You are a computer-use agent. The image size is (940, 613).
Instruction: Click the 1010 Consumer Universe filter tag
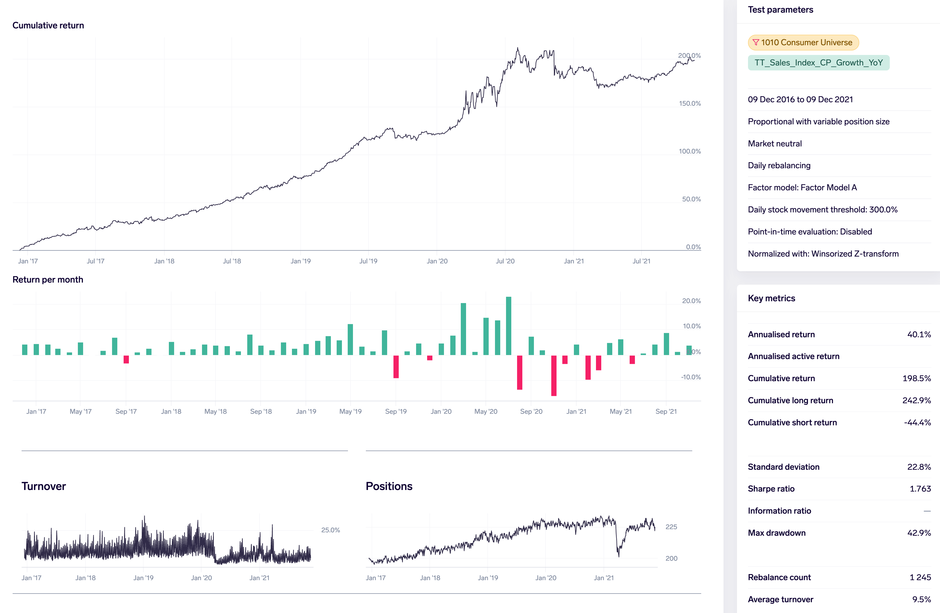coord(803,43)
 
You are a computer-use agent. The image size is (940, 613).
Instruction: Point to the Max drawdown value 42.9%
coord(919,533)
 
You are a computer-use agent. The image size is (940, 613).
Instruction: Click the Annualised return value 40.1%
coord(919,334)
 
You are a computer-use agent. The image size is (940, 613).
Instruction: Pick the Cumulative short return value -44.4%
coord(917,422)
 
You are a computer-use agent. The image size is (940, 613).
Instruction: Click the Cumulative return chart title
coord(48,25)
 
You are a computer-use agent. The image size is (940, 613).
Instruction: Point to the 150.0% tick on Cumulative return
coord(690,103)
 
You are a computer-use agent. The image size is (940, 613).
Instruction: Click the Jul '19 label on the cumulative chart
coord(368,261)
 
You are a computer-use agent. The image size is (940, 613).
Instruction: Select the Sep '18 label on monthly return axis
coord(261,411)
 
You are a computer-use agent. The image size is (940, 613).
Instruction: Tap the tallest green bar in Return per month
coord(509,326)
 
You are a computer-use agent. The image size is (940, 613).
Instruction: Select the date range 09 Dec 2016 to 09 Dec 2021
coord(800,99)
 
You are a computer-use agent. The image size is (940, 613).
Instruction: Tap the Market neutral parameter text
coord(775,144)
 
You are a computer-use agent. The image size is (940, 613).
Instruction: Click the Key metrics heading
coord(771,298)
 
